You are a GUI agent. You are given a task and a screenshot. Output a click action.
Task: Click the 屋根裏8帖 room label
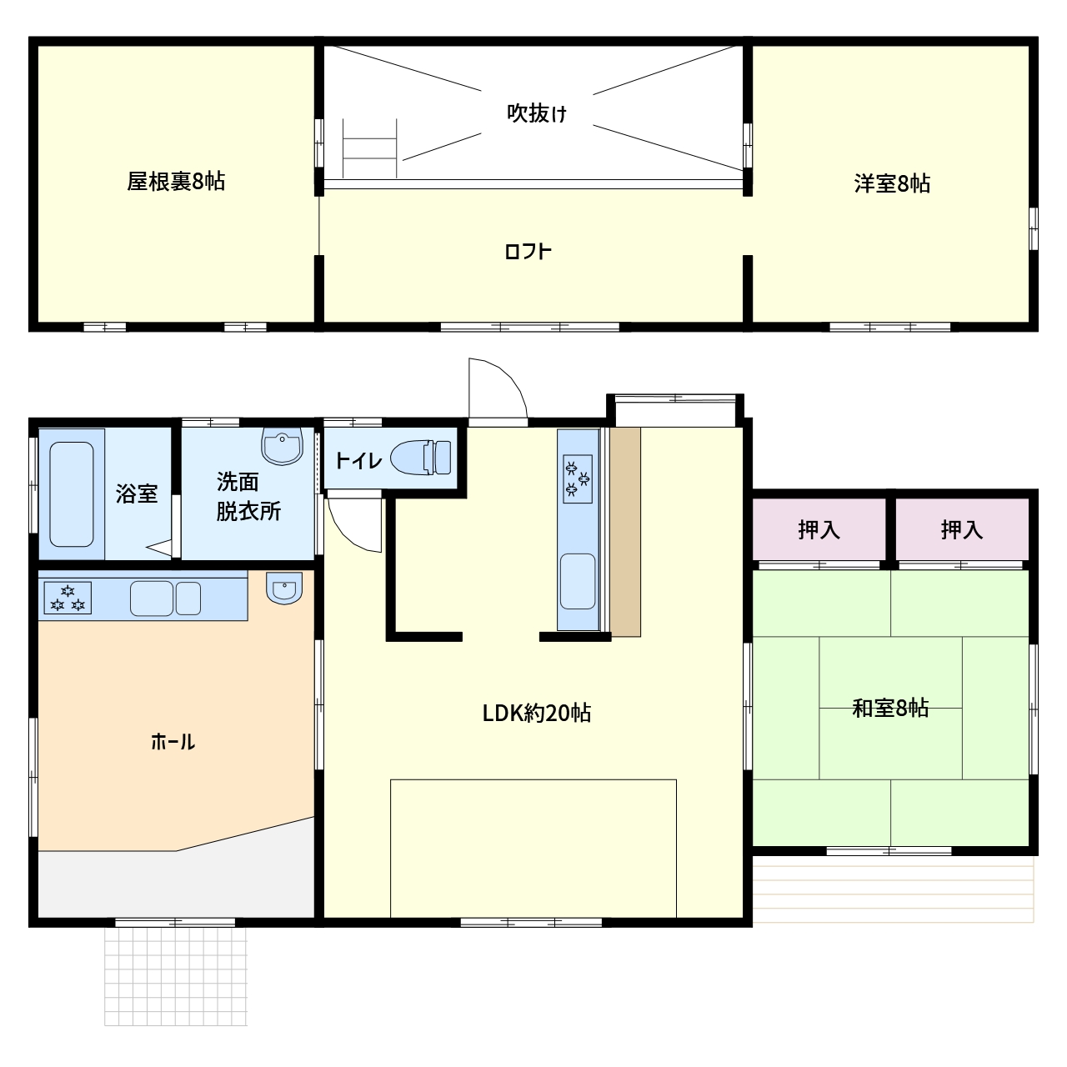[x=176, y=181]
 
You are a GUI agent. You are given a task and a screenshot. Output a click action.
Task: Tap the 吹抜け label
[x=537, y=113]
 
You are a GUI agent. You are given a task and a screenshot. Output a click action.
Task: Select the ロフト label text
[x=528, y=252]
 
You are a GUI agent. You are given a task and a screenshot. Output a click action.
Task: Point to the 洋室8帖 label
[x=891, y=183]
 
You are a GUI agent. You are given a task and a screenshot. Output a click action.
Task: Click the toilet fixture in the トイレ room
[x=421, y=458]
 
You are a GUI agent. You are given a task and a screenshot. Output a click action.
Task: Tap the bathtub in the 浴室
[x=72, y=494]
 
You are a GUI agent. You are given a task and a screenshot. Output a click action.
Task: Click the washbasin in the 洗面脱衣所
[x=282, y=445]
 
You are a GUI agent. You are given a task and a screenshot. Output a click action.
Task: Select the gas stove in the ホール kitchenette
[x=68, y=598]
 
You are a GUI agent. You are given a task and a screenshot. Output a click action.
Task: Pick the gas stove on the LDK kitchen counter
[x=578, y=479]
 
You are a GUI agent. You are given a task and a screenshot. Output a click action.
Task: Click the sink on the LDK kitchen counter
[x=578, y=581]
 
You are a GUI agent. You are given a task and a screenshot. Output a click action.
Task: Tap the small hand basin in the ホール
[x=284, y=588]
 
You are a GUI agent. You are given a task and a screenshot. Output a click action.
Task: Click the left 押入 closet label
[x=819, y=530]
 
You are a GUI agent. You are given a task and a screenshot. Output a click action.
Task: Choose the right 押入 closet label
[x=962, y=530]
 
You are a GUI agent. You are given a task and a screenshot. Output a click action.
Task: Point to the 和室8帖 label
[x=890, y=709]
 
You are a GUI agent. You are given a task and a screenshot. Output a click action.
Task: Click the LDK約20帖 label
[x=537, y=714]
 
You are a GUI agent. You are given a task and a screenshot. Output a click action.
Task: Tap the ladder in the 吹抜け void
[x=369, y=148]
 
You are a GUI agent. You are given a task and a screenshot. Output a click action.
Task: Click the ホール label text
[x=173, y=741]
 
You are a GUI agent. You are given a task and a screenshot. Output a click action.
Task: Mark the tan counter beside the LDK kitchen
[x=625, y=532]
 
